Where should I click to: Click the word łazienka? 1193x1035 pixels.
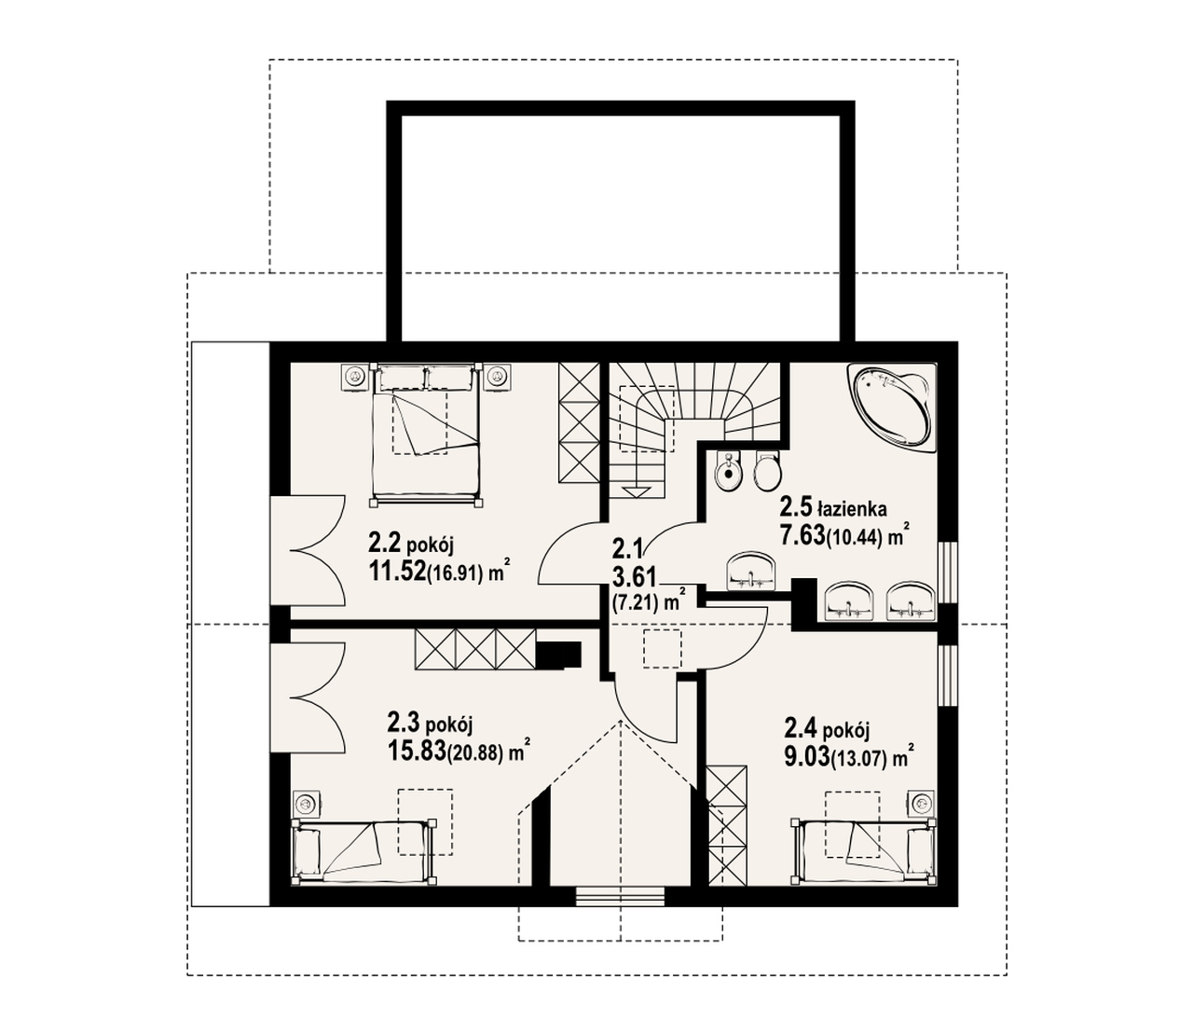point(852,509)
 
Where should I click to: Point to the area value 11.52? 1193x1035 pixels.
point(397,573)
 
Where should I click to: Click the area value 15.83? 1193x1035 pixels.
point(418,751)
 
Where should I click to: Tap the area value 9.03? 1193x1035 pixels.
point(806,755)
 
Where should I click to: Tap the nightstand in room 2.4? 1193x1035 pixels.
point(920,803)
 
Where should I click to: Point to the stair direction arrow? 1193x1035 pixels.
point(636,475)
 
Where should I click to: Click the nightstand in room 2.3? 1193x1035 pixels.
point(306,803)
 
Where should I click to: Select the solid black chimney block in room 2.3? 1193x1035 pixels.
point(558,655)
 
